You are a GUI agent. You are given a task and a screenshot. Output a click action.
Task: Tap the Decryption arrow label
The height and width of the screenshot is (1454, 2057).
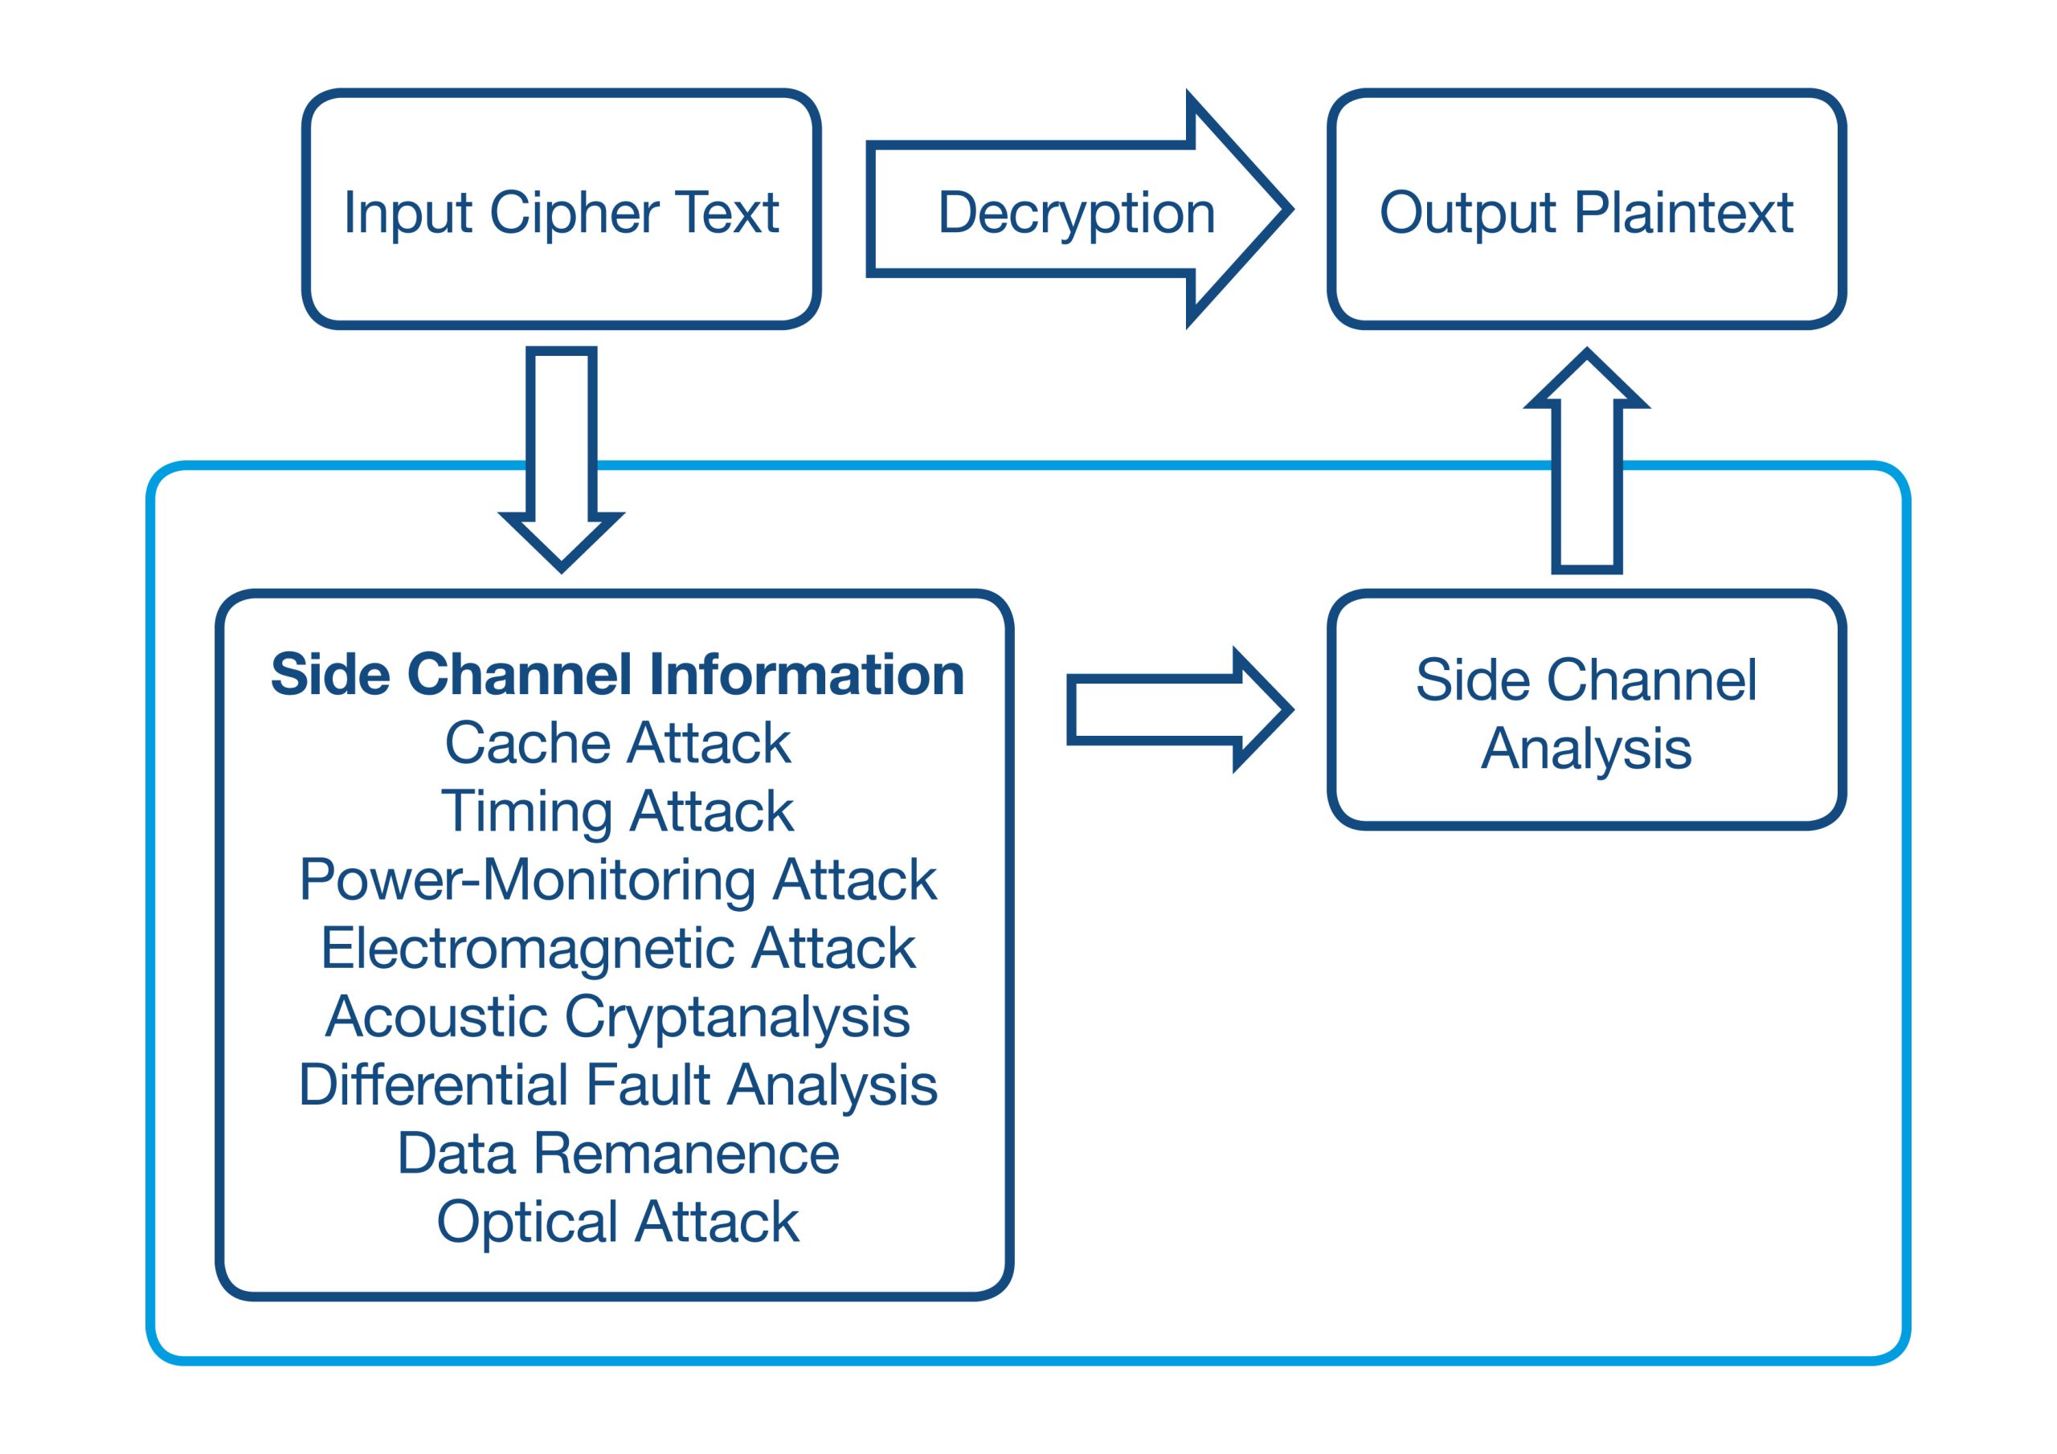(x=1076, y=212)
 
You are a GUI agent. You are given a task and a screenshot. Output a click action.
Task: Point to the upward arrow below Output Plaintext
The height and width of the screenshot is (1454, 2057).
(x=1587, y=466)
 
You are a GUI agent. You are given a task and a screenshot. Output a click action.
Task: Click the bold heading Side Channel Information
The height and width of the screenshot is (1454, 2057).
(x=617, y=674)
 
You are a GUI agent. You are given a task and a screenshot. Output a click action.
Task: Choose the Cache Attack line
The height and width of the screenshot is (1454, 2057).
(x=617, y=743)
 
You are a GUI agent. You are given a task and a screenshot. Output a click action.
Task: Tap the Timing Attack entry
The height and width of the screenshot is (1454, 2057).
(x=617, y=811)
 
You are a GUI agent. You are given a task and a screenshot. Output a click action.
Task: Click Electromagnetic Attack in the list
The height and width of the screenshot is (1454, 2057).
(x=617, y=948)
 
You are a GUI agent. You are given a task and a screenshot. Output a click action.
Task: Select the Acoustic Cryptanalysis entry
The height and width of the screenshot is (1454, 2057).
(x=617, y=1017)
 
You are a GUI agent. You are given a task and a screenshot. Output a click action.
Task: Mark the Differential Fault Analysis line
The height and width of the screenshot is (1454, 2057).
(x=617, y=1085)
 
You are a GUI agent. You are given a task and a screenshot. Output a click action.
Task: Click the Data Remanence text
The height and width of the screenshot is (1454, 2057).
(x=617, y=1153)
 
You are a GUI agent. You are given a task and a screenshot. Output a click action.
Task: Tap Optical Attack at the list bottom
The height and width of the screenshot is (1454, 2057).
(x=617, y=1221)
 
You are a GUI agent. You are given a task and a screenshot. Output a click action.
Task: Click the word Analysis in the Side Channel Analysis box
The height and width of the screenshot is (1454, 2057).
(x=1586, y=749)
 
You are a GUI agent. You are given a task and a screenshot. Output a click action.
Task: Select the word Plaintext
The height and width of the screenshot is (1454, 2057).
(x=1683, y=213)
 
